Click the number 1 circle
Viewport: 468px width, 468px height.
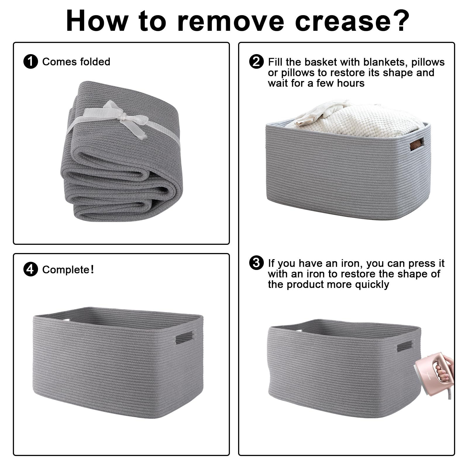point(30,62)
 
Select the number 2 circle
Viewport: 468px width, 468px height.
point(256,62)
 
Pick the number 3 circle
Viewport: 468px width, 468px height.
point(256,263)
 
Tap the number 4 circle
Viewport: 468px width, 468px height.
point(30,269)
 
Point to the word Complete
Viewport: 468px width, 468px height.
point(66,270)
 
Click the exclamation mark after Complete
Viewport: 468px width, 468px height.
point(92,269)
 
